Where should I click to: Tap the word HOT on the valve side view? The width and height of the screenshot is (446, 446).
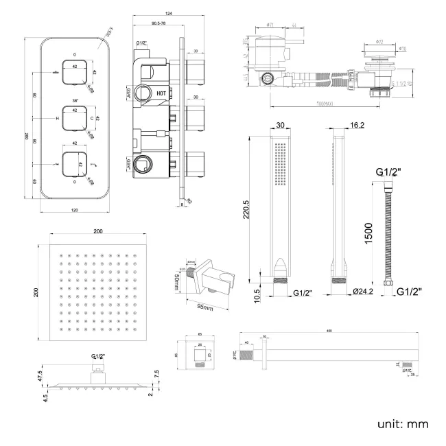click(x=161, y=92)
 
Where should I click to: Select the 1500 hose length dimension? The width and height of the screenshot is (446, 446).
click(x=369, y=233)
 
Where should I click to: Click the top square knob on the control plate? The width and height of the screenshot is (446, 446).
click(x=74, y=71)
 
